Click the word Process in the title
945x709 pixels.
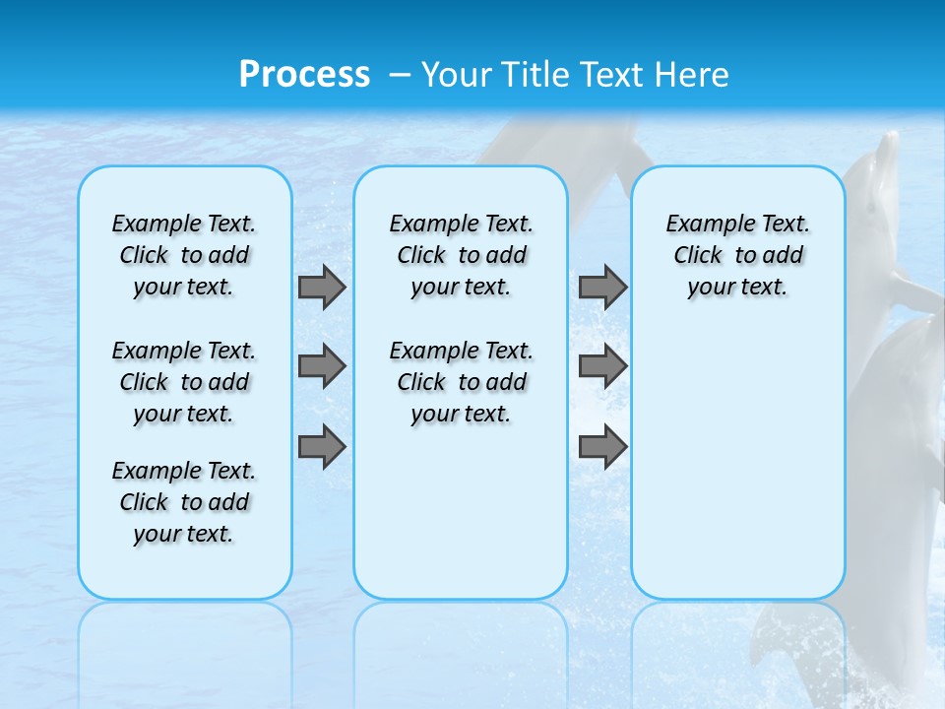(x=304, y=74)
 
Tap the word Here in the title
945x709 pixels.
(x=693, y=74)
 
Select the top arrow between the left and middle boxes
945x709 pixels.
(x=322, y=288)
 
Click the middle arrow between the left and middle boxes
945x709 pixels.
(x=322, y=366)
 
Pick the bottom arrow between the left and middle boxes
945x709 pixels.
(x=322, y=447)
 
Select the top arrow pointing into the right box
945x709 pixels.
(x=603, y=288)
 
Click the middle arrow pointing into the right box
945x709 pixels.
(x=603, y=366)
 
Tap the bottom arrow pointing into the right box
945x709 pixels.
(x=603, y=447)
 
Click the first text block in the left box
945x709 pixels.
(x=184, y=255)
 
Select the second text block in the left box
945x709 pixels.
(x=184, y=382)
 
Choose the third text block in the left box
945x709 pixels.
(x=184, y=502)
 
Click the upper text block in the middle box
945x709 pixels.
(x=461, y=255)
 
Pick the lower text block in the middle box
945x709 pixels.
(x=461, y=382)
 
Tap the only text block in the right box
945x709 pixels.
(x=737, y=255)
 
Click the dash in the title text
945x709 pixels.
(x=400, y=75)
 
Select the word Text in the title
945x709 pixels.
(x=610, y=74)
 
